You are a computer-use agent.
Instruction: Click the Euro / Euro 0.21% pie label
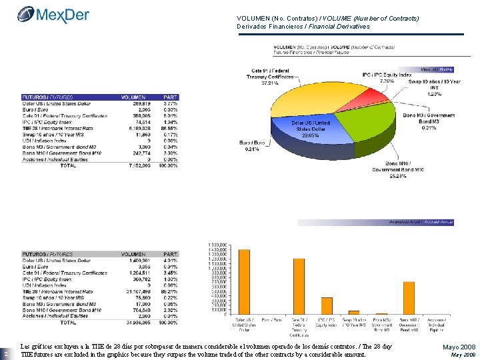249,146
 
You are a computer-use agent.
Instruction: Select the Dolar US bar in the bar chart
244,281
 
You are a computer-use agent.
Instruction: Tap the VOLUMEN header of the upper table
133,97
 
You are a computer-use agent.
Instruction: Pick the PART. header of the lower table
171,254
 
